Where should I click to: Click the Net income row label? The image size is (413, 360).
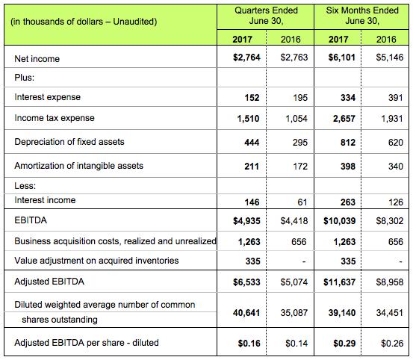coord(37,59)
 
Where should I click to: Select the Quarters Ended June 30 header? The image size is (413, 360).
coord(266,16)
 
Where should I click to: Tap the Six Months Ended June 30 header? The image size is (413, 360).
coord(362,16)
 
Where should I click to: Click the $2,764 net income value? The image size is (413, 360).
coord(246,58)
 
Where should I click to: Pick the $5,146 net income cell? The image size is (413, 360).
coord(390,58)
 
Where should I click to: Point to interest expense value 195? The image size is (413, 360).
coord(300,98)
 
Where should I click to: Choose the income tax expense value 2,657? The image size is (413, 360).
coord(344,119)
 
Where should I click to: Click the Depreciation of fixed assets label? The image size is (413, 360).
coord(69,142)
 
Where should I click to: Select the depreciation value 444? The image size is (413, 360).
coord(252,143)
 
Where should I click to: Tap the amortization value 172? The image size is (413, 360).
coord(300,167)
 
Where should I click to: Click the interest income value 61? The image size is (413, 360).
coord(302,202)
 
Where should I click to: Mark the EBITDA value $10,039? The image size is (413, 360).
coord(340,221)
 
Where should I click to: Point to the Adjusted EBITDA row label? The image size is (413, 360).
coord(49,282)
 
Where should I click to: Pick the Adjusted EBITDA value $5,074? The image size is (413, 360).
coord(294,282)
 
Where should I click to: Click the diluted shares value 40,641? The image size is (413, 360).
coord(246,313)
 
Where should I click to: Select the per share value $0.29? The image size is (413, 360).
coord(344,344)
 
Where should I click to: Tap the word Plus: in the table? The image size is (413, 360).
coord(24,78)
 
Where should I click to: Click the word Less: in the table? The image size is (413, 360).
coord(25,186)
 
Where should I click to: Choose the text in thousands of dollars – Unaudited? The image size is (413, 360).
coord(84,22)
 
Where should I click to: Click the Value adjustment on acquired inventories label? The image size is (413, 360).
coord(96,261)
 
